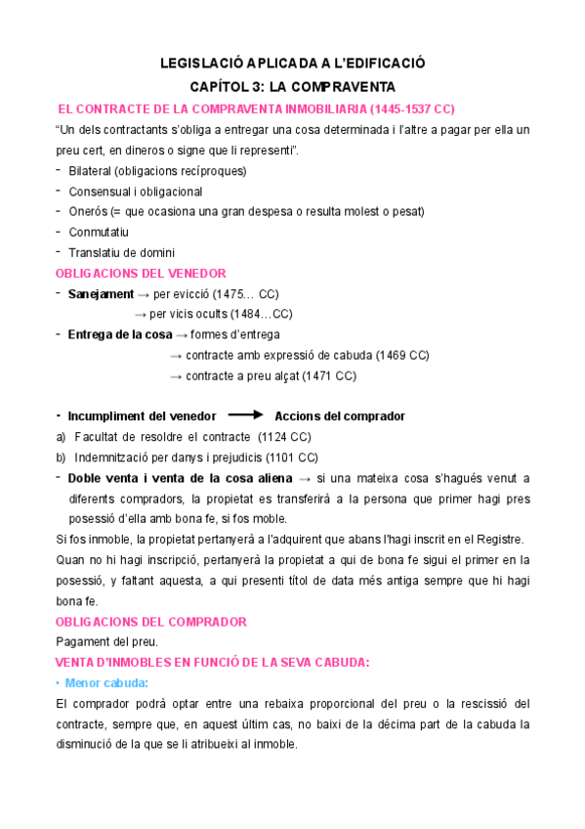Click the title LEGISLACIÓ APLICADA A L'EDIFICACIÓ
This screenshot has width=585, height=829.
click(292, 64)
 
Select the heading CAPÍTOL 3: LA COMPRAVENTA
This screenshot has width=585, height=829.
click(292, 85)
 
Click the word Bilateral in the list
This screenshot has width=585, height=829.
click(92, 171)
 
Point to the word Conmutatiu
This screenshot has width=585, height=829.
click(99, 233)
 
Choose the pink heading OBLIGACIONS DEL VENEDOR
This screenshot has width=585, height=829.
click(141, 273)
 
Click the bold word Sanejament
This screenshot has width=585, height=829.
click(99, 294)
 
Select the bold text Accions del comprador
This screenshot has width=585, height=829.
click(340, 416)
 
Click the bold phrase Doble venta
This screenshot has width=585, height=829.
click(102, 478)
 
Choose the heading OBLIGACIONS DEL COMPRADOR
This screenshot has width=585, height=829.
click(151, 622)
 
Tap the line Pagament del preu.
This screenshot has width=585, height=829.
click(105, 642)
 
